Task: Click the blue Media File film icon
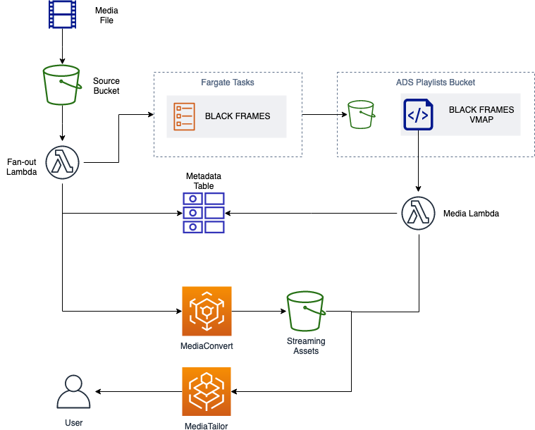pyautogui.click(x=62, y=14)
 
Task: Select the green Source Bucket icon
pyautogui.click(x=62, y=85)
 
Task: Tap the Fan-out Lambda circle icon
pyautogui.click(x=63, y=162)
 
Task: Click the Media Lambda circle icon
pyautogui.click(x=418, y=214)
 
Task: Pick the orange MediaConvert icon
pyautogui.click(x=207, y=311)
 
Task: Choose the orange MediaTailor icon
pyautogui.click(x=207, y=391)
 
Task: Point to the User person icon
pyautogui.click(x=73, y=391)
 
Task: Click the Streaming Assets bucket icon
pyautogui.click(x=306, y=311)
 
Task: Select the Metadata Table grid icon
pyautogui.click(x=204, y=213)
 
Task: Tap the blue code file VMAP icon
pyautogui.click(x=418, y=115)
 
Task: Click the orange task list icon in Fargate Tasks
pyautogui.click(x=184, y=116)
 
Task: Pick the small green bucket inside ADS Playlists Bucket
pyautogui.click(x=362, y=115)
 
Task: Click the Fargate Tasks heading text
pyautogui.click(x=228, y=82)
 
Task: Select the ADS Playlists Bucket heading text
pyautogui.click(x=436, y=82)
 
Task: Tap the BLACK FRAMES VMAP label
pyautogui.click(x=481, y=115)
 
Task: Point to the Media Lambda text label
pyautogui.click(x=471, y=214)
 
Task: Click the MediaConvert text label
pyautogui.click(x=207, y=346)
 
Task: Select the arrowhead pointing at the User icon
pyautogui.click(x=98, y=391)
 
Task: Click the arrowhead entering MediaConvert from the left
pyautogui.click(x=179, y=311)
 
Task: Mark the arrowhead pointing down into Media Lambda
pyautogui.click(x=418, y=189)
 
